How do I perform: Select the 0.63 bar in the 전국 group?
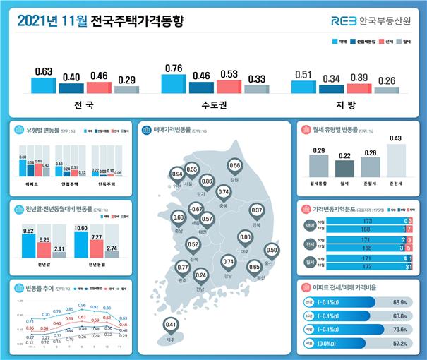pos(43,85)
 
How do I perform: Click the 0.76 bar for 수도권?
pos(174,83)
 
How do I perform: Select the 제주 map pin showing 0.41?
pos(170,325)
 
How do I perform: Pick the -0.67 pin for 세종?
pos(197,210)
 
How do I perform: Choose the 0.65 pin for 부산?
pos(255,268)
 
